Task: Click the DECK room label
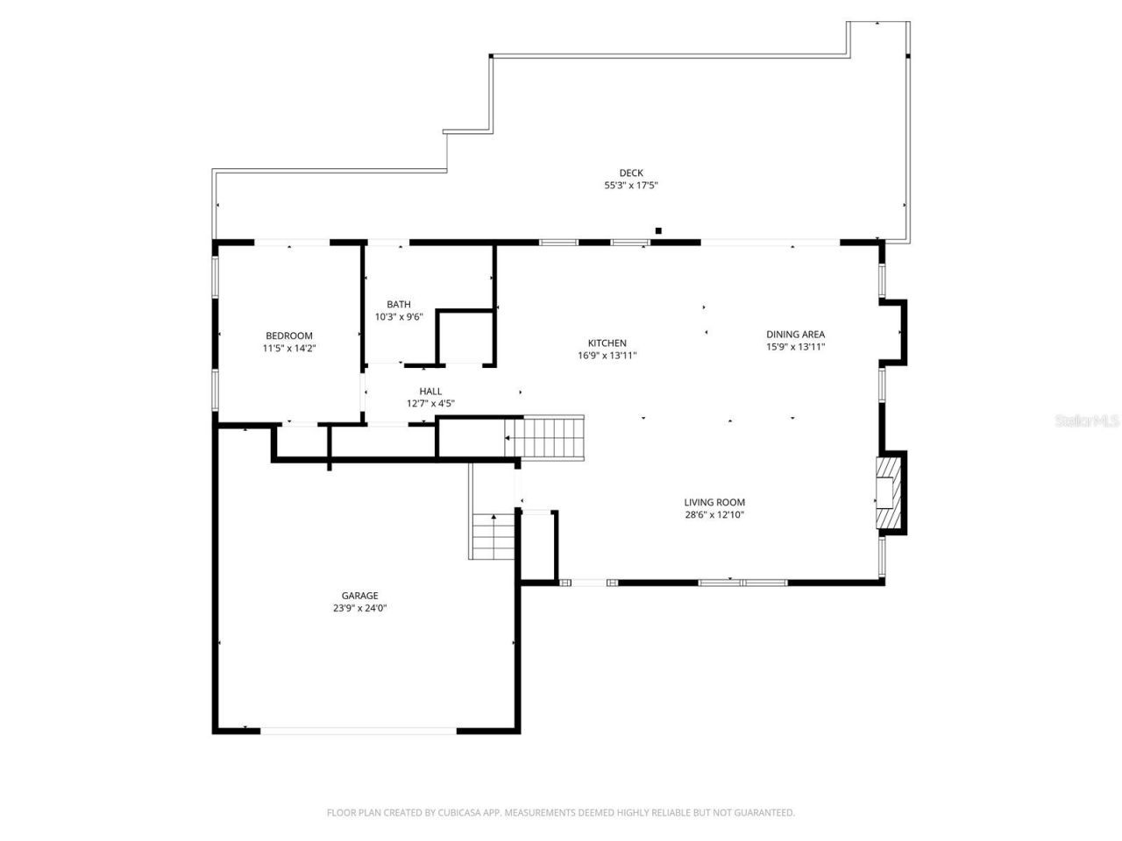[x=630, y=173]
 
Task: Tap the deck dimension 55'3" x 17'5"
[x=630, y=186]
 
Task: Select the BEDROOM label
[x=288, y=336]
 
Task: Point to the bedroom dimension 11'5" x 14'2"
[x=288, y=349]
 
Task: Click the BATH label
[x=399, y=304]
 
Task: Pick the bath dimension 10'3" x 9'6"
[x=399, y=317]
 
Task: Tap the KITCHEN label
[x=607, y=343]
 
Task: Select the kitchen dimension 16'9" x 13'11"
[x=607, y=356]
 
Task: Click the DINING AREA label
[x=795, y=334]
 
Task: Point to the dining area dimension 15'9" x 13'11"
[x=795, y=347]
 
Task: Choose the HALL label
[x=430, y=391]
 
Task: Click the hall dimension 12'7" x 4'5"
[x=430, y=404]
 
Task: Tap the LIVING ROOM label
[x=714, y=502]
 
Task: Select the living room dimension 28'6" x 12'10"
[x=714, y=515]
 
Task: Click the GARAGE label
[x=359, y=595]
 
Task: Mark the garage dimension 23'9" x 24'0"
[x=359, y=608]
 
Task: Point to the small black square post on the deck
[x=658, y=230]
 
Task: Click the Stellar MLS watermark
[x=1087, y=420]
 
